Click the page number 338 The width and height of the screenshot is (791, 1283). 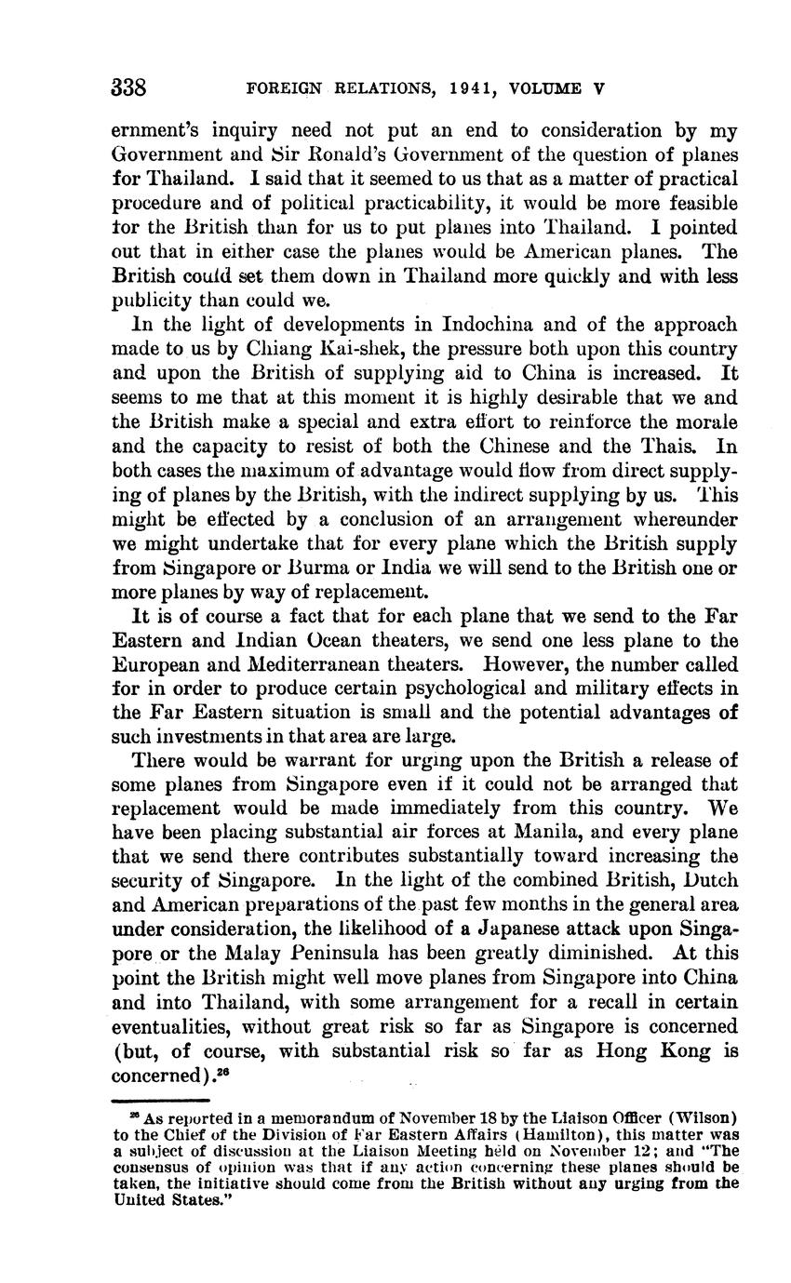tap(128, 88)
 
